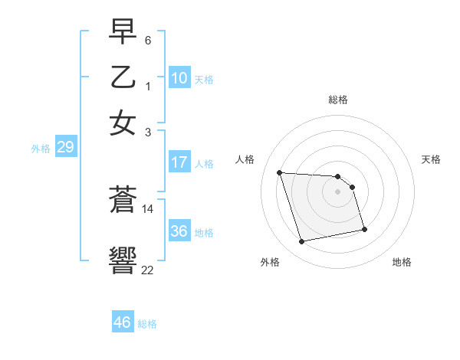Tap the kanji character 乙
coord(123,78)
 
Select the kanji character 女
coord(123,122)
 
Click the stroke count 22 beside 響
coord(148,269)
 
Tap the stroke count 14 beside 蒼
coord(148,208)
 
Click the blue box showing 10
coord(179,78)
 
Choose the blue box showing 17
coord(179,162)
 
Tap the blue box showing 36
coord(179,232)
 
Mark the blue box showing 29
coord(65,148)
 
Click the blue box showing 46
coord(123,322)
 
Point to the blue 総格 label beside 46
coord(147,324)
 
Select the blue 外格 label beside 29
coord(41,149)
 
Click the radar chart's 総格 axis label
coord(338,100)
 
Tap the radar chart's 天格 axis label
coord(432,159)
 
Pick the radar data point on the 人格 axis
coord(280,172)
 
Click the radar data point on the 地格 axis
coord(364,228)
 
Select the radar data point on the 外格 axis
coord(302,242)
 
